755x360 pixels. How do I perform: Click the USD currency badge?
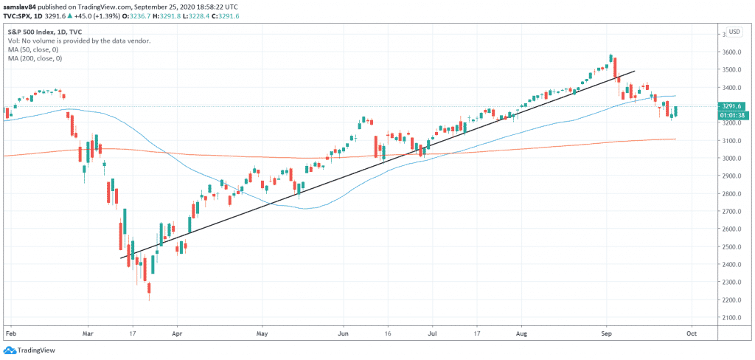pos(734,32)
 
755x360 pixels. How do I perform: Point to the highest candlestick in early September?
pos(611,58)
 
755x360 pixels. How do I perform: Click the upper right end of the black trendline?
pos(636,71)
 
